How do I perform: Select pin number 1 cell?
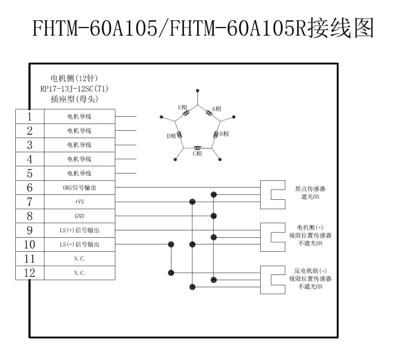[x=29, y=116]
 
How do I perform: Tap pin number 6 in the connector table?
[x=29, y=187]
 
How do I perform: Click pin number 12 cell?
[x=29, y=273]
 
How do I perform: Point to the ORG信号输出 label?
[x=79, y=188]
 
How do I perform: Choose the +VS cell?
[x=79, y=202]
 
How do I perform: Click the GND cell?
[x=79, y=216]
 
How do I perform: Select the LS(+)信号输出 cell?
[x=79, y=230]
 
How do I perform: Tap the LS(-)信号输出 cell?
[x=79, y=244]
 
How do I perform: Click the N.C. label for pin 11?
[x=79, y=259]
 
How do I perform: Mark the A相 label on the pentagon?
[x=217, y=109]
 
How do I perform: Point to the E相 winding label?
[x=182, y=107]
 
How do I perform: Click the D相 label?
[x=171, y=136]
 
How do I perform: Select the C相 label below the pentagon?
[x=197, y=153]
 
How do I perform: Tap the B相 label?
[x=224, y=133]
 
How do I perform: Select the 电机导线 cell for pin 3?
[x=79, y=145]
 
